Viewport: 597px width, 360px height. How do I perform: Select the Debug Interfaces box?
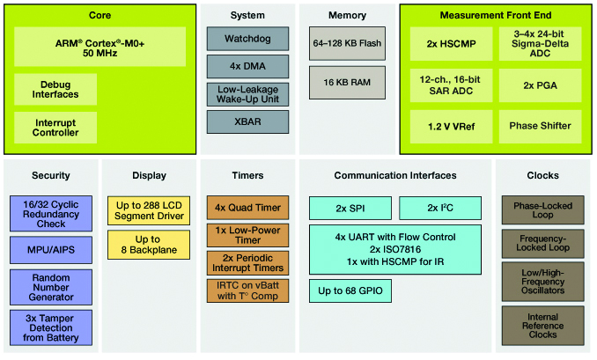tap(55, 89)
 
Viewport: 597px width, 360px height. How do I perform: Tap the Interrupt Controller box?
tap(55, 127)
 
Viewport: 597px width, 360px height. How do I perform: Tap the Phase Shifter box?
tap(540, 127)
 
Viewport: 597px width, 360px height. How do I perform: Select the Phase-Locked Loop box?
tap(542, 212)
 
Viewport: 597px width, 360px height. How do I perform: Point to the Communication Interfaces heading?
tap(394, 175)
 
